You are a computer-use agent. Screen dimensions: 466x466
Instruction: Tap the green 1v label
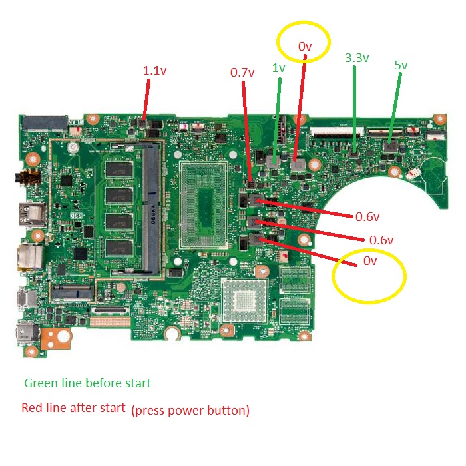coord(278,67)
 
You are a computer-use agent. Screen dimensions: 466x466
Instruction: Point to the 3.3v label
coord(357,58)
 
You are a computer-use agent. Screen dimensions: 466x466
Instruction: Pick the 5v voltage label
coord(401,65)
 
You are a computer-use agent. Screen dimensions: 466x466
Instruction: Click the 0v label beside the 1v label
coord(305,46)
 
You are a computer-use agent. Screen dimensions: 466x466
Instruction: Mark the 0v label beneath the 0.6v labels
coord(370,261)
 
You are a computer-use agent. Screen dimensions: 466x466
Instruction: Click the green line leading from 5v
coord(395,107)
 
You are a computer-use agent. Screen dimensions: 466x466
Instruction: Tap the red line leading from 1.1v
coord(146,100)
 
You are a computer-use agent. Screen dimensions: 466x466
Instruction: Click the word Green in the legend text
coord(40,383)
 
